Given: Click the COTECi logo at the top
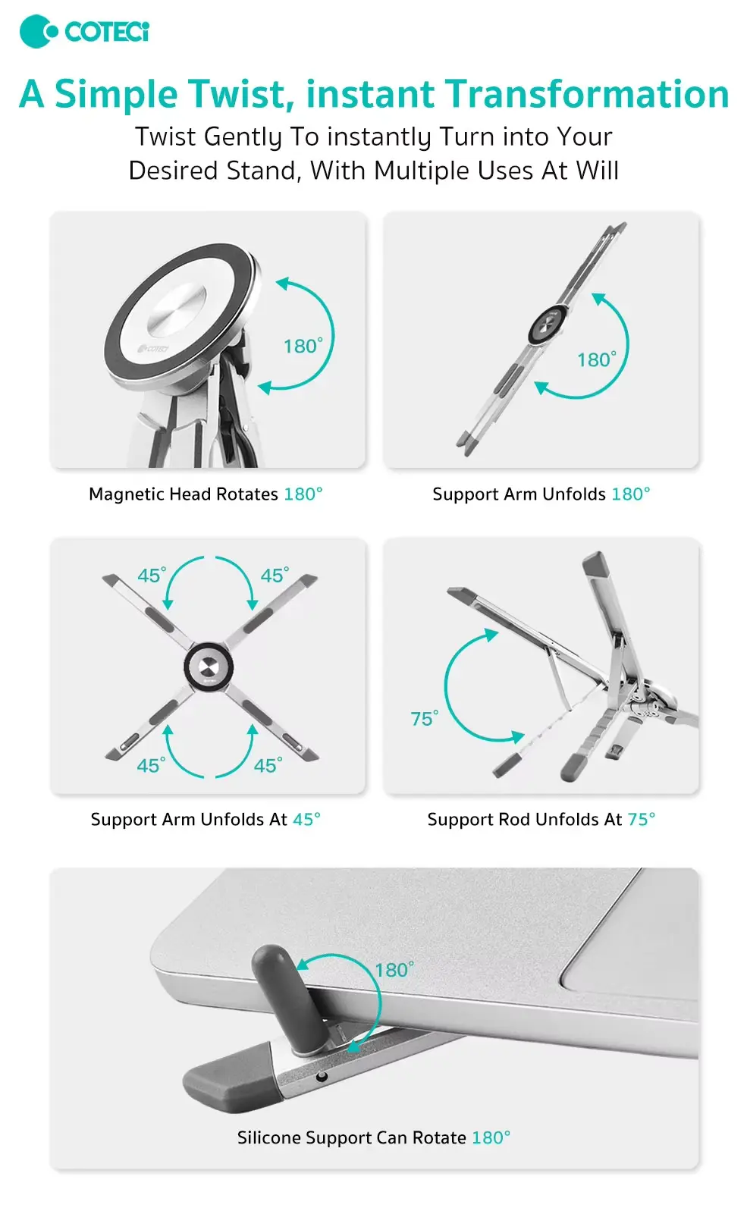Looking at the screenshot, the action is click(84, 31).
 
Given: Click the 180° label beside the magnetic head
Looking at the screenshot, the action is click(303, 346).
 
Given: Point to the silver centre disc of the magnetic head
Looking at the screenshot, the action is click(176, 315).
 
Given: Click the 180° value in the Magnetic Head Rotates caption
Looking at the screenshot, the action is click(303, 494).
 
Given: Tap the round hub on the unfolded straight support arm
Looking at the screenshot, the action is click(547, 324).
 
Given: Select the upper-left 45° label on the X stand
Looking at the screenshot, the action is click(152, 576).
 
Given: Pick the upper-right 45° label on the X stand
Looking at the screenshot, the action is click(275, 576).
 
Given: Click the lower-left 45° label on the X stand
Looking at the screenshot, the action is click(152, 765).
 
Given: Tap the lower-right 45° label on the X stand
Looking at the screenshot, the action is click(268, 765).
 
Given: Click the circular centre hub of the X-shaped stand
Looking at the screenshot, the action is click(209, 667).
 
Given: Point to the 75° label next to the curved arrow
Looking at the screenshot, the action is click(424, 719).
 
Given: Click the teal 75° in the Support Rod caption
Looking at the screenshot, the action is click(641, 819).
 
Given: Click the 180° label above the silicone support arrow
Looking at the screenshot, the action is click(394, 970).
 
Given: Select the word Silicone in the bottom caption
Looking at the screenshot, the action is click(268, 1137).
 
